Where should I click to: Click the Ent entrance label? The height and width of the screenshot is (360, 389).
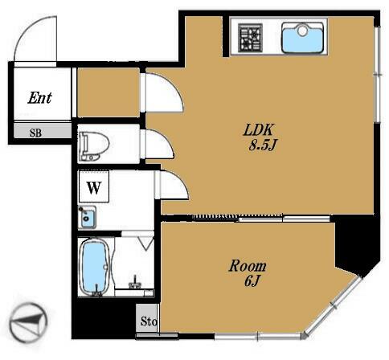click(x=39, y=98)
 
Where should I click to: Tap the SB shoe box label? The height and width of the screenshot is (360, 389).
click(x=35, y=133)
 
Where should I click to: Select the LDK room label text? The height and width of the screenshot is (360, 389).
click(x=259, y=130)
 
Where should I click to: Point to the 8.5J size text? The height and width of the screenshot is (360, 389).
click(x=262, y=145)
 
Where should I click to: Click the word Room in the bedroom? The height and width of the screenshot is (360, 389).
click(x=248, y=266)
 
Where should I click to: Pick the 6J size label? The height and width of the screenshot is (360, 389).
click(x=252, y=281)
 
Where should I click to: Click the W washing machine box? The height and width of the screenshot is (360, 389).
click(x=94, y=186)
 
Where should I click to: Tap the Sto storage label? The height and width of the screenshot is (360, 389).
click(x=149, y=321)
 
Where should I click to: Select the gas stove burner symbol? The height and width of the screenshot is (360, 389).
click(x=251, y=37)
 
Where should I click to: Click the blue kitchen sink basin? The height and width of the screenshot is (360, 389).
click(x=302, y=38)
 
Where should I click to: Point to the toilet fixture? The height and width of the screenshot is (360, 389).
click(x=93, y=145)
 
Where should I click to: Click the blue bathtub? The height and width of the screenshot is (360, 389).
click(x=94, y=266)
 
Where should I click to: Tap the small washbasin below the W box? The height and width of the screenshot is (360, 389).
click(x=87, y=217)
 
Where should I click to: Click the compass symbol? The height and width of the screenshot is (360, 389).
click(x=28, y=323)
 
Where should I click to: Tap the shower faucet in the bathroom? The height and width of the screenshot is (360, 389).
click(x=135, y=283)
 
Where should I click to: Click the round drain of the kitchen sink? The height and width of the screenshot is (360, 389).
click(x=302, y=31)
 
